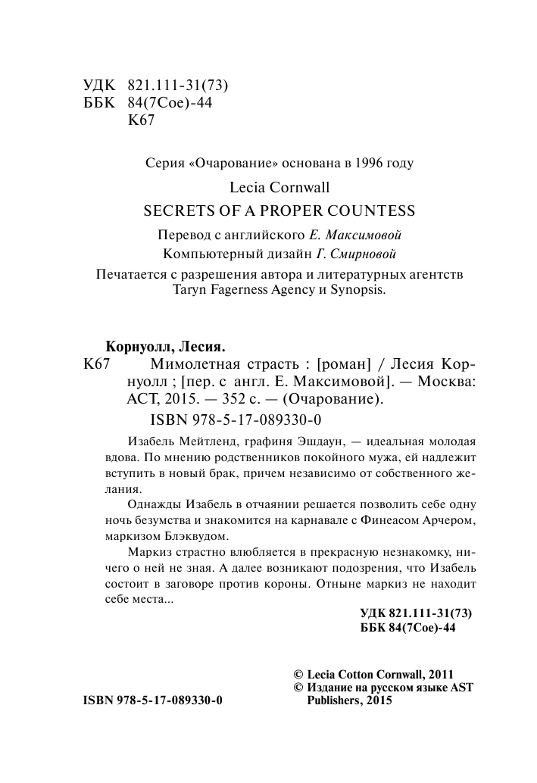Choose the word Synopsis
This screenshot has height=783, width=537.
[x=354, y=290]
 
